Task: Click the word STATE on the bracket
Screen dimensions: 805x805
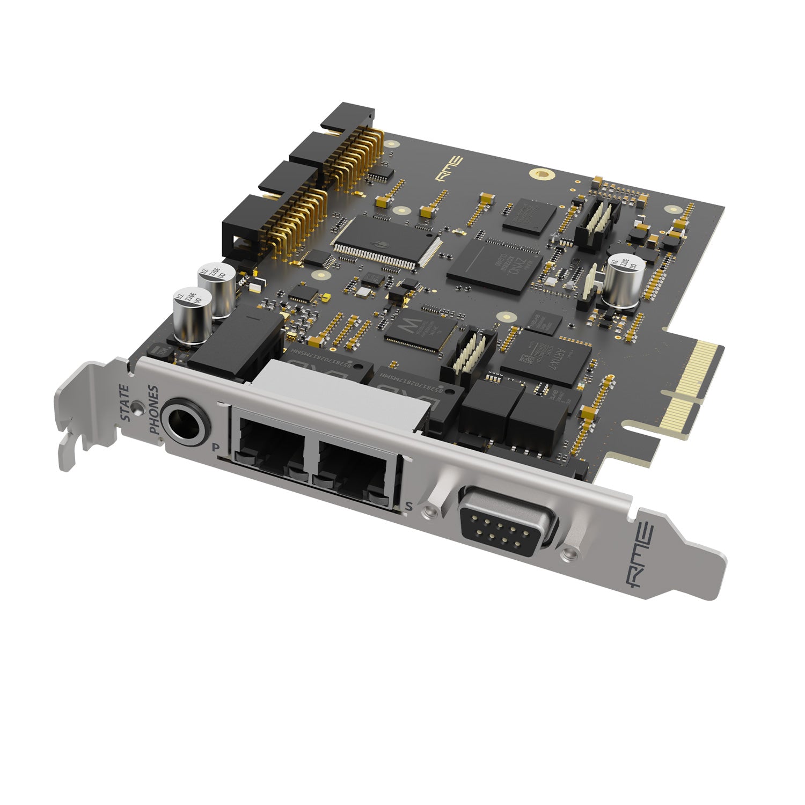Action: pos(125,403)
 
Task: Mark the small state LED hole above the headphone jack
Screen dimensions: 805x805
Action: pos(140,408)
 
